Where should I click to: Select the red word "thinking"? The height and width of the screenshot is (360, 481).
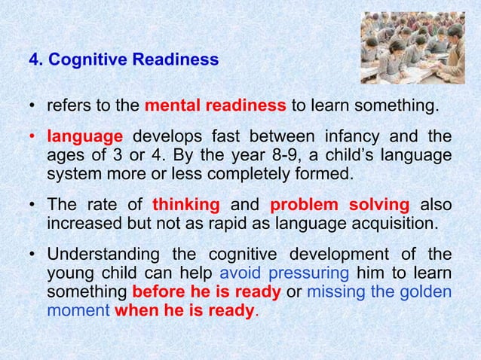pos(185,206)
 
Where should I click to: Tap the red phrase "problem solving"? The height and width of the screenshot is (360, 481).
pos(339,206)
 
